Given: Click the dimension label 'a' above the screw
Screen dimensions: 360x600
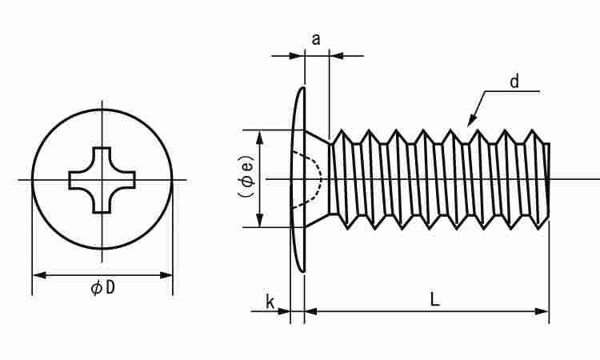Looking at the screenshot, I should [316, 38].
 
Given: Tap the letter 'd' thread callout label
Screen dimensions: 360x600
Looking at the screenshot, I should [514, 81].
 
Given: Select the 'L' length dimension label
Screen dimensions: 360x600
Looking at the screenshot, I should [434, 300].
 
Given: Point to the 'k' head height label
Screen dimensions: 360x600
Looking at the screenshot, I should [270, 302].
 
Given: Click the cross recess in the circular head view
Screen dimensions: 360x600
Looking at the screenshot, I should [102, 180].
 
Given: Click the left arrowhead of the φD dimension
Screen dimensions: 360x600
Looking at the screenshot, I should [38, 275].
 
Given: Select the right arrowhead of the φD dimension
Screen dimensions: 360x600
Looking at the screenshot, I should [167, 275].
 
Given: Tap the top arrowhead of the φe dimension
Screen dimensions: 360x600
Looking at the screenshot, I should [262, 135].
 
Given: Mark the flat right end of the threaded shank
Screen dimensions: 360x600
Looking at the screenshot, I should [549, 179].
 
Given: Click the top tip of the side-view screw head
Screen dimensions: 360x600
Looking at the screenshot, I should [303, 88].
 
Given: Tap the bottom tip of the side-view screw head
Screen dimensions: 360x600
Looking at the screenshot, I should [303, 271].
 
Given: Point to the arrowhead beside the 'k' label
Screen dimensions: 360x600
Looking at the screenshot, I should [285, 310].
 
